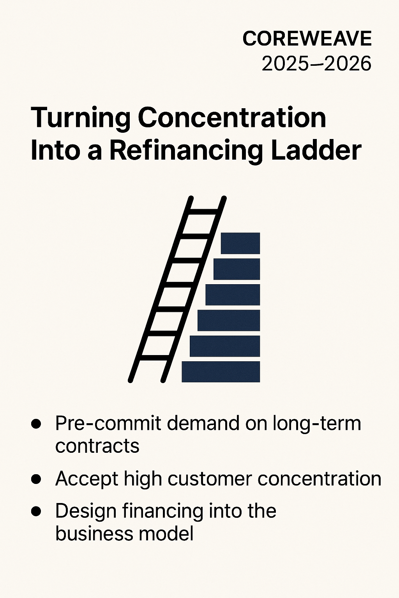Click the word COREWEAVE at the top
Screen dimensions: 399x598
(307, 39)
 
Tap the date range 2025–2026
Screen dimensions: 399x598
(316, 63)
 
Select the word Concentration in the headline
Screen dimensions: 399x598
(232, 117)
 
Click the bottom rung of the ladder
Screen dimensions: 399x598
(154, 357)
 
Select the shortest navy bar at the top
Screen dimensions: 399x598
(240, 243)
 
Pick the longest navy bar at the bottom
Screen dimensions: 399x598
(221, 372)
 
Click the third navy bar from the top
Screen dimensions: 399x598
(233, 294)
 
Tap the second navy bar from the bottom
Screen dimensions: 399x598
(225, 346)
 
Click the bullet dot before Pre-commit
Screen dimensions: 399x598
(36, 424)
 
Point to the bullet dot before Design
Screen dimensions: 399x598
(36, 511)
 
